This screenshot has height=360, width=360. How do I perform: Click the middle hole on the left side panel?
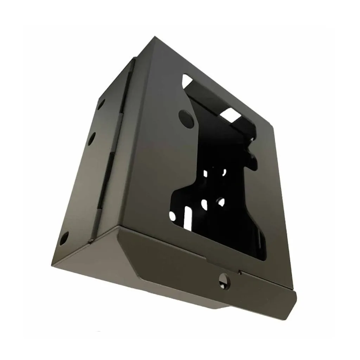91,138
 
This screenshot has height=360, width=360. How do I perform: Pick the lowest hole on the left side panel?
64,239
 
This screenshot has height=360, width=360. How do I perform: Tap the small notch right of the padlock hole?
239,272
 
